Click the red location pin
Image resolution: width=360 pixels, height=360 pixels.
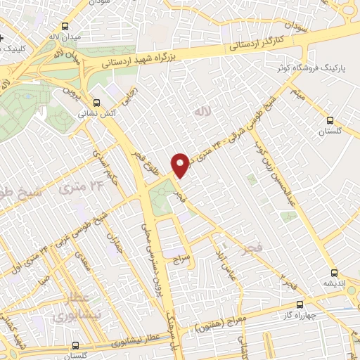(180, 162)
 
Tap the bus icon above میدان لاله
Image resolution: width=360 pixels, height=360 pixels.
(53, 23)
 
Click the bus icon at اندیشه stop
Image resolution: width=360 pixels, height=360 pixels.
(334, 271)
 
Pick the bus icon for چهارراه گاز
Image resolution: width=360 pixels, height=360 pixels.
(300, 305)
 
